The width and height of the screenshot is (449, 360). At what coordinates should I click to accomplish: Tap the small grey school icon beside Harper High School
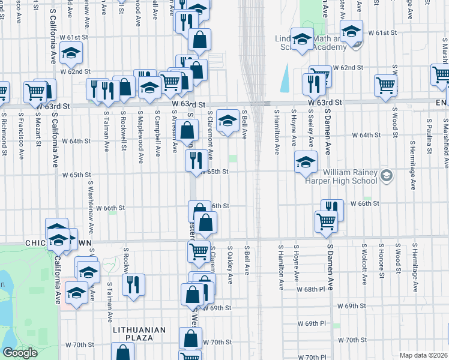coord(387,175)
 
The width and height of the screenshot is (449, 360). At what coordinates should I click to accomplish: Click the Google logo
coord(20,353)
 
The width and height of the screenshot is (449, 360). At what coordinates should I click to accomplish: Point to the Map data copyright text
coord(423,355)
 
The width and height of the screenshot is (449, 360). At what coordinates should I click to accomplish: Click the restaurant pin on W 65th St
coord(196,160)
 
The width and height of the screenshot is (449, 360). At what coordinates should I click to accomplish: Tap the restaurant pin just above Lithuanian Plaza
coord(133,284)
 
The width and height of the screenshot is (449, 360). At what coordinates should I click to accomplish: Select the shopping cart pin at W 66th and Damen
coord(327,221)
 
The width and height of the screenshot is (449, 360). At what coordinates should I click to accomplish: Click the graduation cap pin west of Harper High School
coord(306,161)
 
